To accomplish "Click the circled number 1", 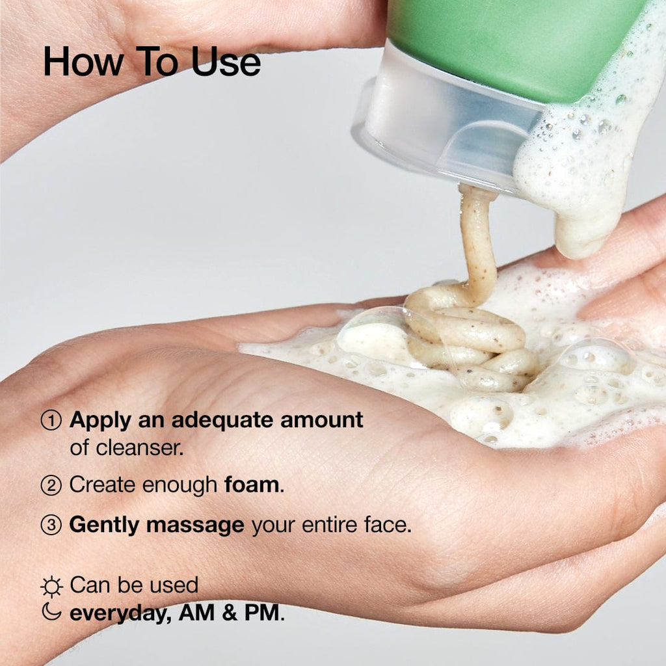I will point(51,421).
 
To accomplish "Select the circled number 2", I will point(51,485).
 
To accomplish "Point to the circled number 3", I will point(51,526).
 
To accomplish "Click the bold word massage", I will point(195,526).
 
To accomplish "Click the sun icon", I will point(51,587).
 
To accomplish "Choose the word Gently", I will point(104,526).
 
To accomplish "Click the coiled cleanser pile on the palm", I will point(468,338).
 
